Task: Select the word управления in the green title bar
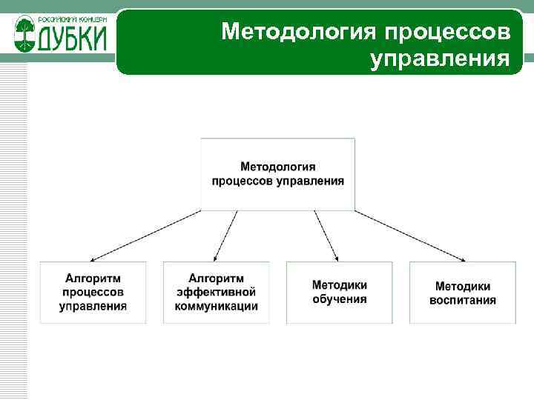coord(440,59)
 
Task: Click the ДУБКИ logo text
coord(70,39)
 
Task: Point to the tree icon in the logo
coord(24,35)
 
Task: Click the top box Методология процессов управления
coord(277,173)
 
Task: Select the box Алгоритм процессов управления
coord(93,292)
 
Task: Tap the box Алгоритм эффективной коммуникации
coord(216,292)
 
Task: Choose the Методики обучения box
coord(339,292)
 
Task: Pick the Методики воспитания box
coord(463,292)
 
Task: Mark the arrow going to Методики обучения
coord(326,236)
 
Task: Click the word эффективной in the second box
coord(216,292)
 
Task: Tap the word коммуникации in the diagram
coord(216,305)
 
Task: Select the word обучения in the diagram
coord(339,299)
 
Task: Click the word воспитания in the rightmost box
coord(463,300)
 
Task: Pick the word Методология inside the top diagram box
coord(277,167)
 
